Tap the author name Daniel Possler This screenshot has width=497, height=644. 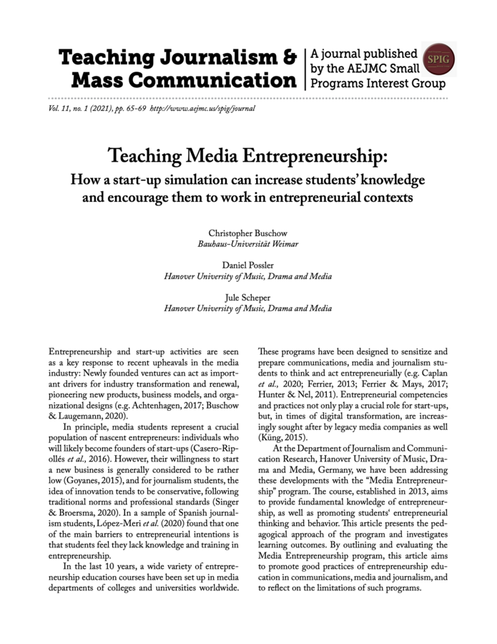[248, 265]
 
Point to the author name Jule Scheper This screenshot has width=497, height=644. [248, 298]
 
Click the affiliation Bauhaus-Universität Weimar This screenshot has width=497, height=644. [248, 244]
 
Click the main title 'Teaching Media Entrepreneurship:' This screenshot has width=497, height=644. [248, 155]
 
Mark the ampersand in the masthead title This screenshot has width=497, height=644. [287, 57]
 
